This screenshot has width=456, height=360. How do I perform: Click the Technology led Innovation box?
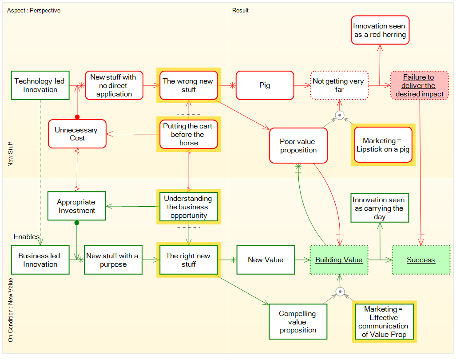click(40, 85)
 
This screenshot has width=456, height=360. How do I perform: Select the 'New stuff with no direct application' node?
click(114, 85)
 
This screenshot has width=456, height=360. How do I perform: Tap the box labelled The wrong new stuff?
click(188, 85)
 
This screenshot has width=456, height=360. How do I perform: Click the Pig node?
click(265, 85)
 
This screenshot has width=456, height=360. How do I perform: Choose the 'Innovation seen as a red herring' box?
click(380, 30)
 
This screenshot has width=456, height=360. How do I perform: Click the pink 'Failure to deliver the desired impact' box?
click(420, 85)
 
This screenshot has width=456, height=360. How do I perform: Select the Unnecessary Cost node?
click(77, 134)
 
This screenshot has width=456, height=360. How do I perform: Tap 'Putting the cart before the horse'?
click(189, 134)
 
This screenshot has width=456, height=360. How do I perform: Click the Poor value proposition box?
click(298, 146)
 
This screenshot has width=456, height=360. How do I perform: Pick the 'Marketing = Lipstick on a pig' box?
click(383, 145)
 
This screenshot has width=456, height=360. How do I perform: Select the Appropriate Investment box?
click(77, 206)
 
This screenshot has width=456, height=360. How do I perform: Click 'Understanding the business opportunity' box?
click(189, 207)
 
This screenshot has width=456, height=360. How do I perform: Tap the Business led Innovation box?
click(40, 260)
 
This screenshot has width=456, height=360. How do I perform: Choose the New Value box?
click(266, 260)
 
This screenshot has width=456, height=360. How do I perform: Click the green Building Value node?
click(339, 260)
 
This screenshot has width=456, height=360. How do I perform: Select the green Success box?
click(421, 260)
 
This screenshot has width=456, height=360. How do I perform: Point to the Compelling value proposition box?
click(298, 322)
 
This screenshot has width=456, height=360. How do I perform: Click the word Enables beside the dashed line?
click(26, 236)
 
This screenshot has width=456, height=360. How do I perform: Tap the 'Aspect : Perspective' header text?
click(34, 10)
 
